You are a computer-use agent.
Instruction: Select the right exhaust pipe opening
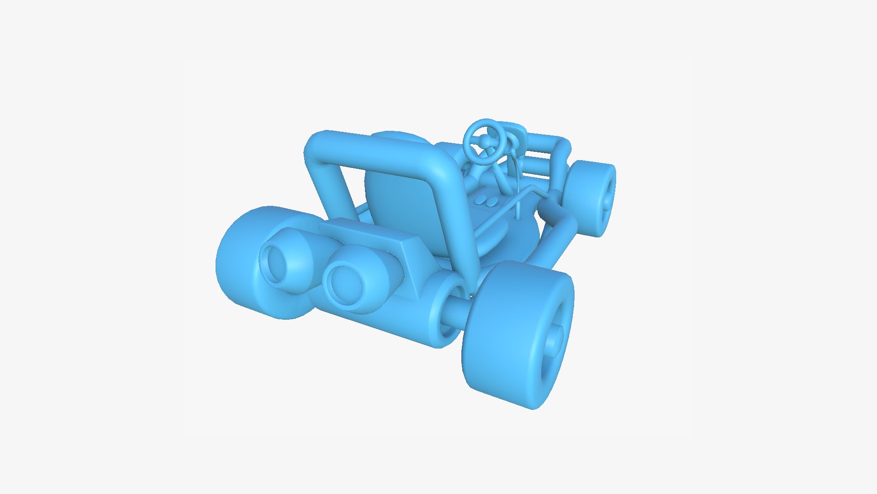tap(344, 280)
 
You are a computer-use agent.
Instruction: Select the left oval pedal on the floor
tap(481, 199)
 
